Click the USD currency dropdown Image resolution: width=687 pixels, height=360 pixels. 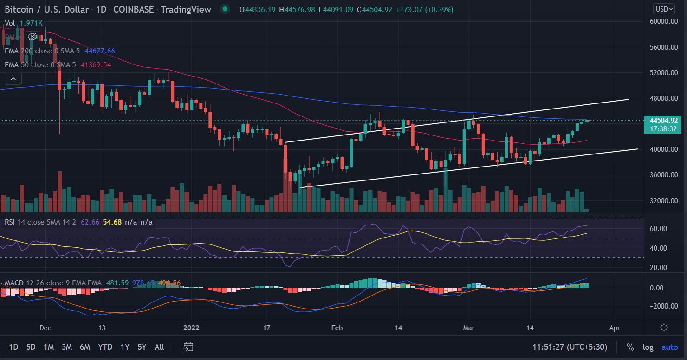664,9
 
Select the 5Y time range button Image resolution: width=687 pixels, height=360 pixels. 142,347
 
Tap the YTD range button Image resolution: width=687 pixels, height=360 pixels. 106,347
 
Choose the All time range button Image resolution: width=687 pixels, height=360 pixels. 159,347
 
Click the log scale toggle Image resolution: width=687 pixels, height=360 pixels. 648,347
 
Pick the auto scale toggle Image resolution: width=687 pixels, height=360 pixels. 669,347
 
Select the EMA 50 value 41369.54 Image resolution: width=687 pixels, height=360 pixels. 96,65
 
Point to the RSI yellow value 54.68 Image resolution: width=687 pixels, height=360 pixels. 112,222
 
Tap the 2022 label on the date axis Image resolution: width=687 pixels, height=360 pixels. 192,328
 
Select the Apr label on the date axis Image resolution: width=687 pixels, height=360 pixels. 615,328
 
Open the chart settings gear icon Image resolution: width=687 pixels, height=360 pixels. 664,328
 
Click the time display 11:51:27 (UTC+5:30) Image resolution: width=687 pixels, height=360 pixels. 575,347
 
